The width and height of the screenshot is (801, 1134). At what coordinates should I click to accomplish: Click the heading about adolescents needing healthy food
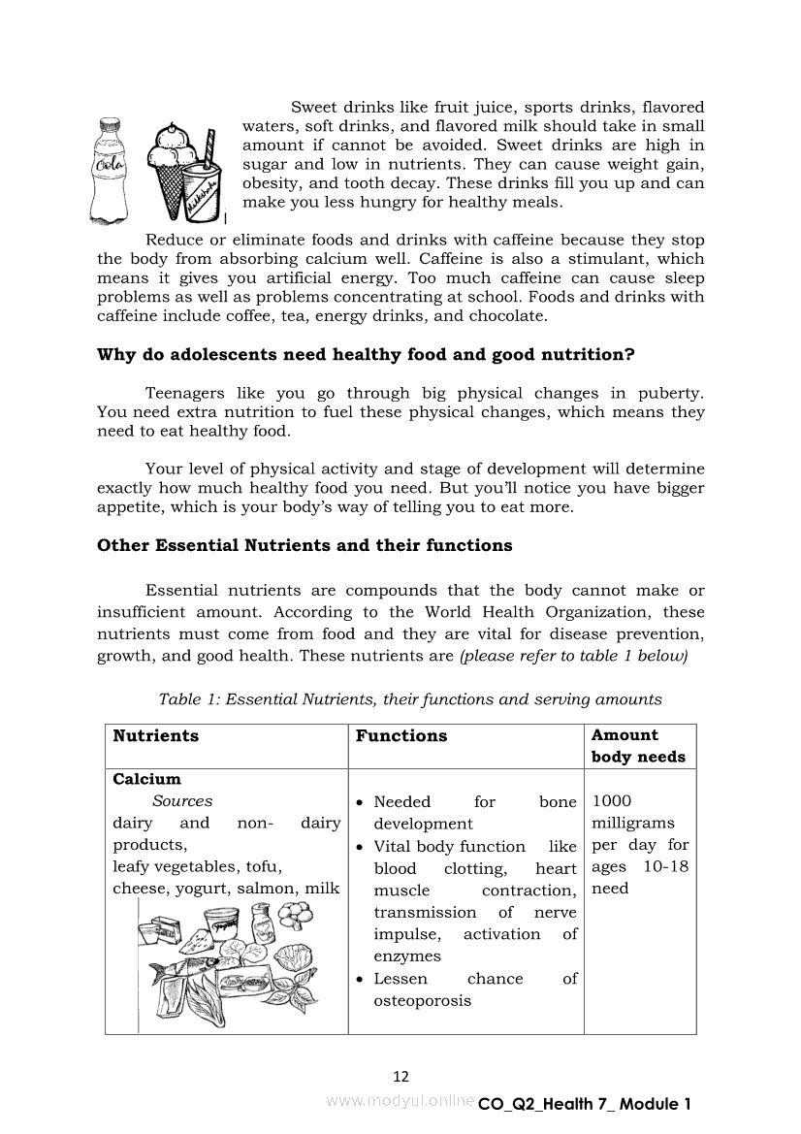[x=366, y=355]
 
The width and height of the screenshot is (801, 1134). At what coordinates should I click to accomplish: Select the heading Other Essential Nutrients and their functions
[x=304, y=545]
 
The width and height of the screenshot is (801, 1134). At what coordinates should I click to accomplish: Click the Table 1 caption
[x=410, y=698]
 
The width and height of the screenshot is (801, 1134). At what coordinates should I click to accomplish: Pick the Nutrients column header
[x=155, y=736]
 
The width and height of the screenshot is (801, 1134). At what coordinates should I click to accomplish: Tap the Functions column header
[x=401, y=736]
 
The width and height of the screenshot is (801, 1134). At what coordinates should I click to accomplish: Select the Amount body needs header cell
[x=638, y=746]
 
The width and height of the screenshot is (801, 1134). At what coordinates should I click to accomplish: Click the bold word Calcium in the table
[x=146, y=779]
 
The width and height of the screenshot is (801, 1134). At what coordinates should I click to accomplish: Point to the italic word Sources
[x=181, y=801]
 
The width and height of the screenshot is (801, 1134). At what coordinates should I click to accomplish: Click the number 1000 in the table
[x=611, y=801]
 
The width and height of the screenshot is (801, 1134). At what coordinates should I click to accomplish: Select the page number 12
[x=400, y=1076]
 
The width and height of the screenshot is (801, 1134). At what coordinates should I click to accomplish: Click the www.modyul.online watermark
[x=400, y=1102]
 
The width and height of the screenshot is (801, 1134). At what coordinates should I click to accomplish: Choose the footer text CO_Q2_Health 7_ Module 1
[x=584, y=1104]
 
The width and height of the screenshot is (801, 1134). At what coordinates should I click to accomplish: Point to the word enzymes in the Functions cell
[x=407, y=956]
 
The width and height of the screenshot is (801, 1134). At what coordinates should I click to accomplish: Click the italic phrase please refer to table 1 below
[x=574, y=656]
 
